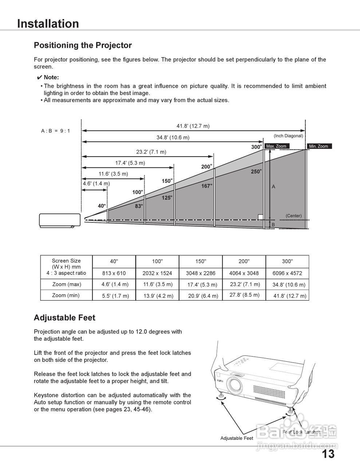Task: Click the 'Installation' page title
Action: coord(48,24)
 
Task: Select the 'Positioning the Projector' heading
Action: coord(83,46)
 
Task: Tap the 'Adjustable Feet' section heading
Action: coord(64,318)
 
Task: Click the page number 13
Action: coord(328,454)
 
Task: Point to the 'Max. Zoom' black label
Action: coord(277,146)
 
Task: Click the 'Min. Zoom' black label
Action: coord(319,146)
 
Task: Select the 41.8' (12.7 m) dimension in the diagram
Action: coord(193,126)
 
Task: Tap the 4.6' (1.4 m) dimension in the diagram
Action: coord(96,183)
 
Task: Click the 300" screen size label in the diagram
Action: coord(256,147)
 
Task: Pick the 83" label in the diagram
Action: coord(139,206)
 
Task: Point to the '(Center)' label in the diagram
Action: coord(293,216)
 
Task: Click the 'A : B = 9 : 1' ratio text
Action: coord(55,131)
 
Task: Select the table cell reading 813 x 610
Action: coord(114,273)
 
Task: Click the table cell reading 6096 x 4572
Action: coord(287,273)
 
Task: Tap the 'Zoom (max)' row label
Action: coord(67,284)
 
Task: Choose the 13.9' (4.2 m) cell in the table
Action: coord(158,296)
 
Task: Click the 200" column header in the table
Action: coord(244,261)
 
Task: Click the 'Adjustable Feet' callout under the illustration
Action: coord(237,438)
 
